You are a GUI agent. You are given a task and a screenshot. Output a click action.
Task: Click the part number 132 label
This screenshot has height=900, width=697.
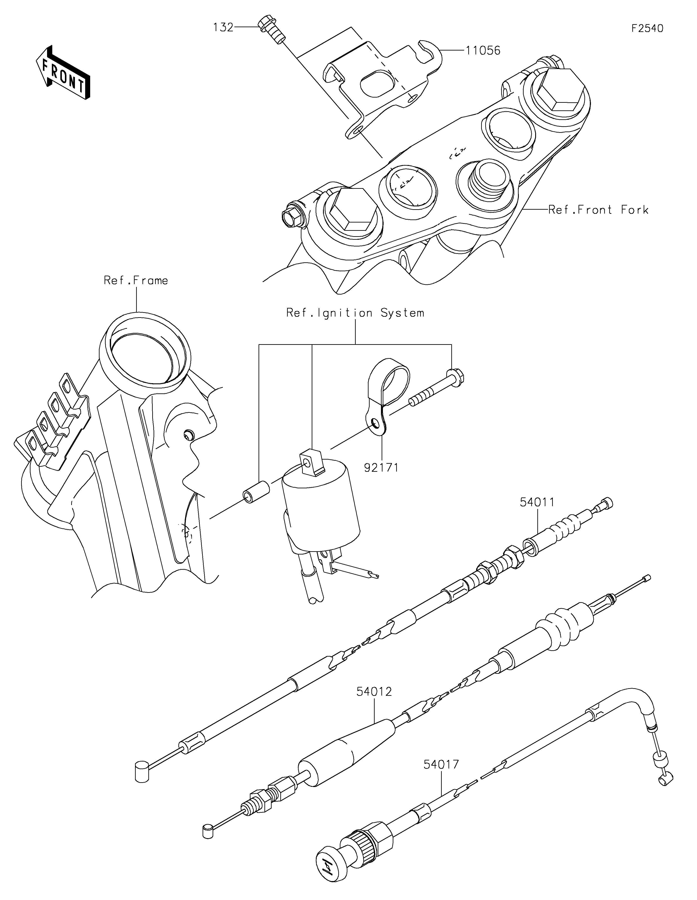coord(223,28)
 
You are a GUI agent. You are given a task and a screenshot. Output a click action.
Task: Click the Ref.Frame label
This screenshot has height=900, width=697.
coord(136,281)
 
